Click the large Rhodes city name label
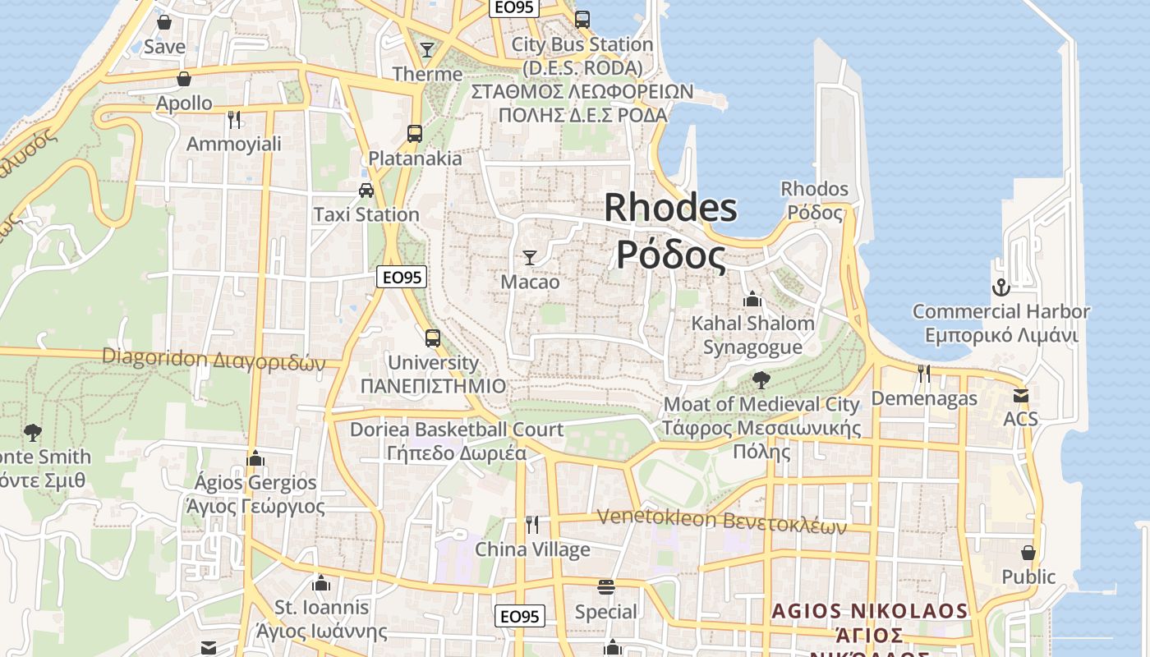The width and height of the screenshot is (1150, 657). (x=670, y=231)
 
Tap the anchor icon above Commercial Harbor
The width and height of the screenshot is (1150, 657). (x=1000, y=287)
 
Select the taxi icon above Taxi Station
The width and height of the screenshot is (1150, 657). (x=366, y=191)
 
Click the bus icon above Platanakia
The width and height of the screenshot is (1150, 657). (x=415, y=133)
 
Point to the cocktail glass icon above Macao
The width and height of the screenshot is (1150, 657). (x=530, y=258)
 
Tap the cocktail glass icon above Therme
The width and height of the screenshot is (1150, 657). (x=426, y=50)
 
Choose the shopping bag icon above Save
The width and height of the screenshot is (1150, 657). (x=164, y=22)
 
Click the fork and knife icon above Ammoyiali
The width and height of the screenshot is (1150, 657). (x=234, y=120)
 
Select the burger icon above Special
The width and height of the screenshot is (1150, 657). (x=606, y=587)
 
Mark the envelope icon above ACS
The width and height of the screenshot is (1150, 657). (x=1020, y=396)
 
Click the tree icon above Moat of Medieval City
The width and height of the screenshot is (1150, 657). (x=761, y=379)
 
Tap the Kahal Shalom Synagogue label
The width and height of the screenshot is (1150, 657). (x=752, y=335)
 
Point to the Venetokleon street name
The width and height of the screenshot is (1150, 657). (x=721, y=521)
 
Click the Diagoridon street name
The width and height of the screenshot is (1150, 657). (x=214, y=359)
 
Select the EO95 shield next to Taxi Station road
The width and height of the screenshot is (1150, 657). (x=402, y=278)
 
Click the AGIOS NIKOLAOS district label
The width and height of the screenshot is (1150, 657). (x=869, y=612)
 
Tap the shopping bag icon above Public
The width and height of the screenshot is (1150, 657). (x=1028, y=553)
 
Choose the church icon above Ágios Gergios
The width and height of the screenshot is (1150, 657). (x=255, y=458)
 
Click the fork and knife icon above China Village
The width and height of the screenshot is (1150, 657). (x=532, y=524)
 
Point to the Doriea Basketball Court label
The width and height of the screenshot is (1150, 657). (x=457, y=430)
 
